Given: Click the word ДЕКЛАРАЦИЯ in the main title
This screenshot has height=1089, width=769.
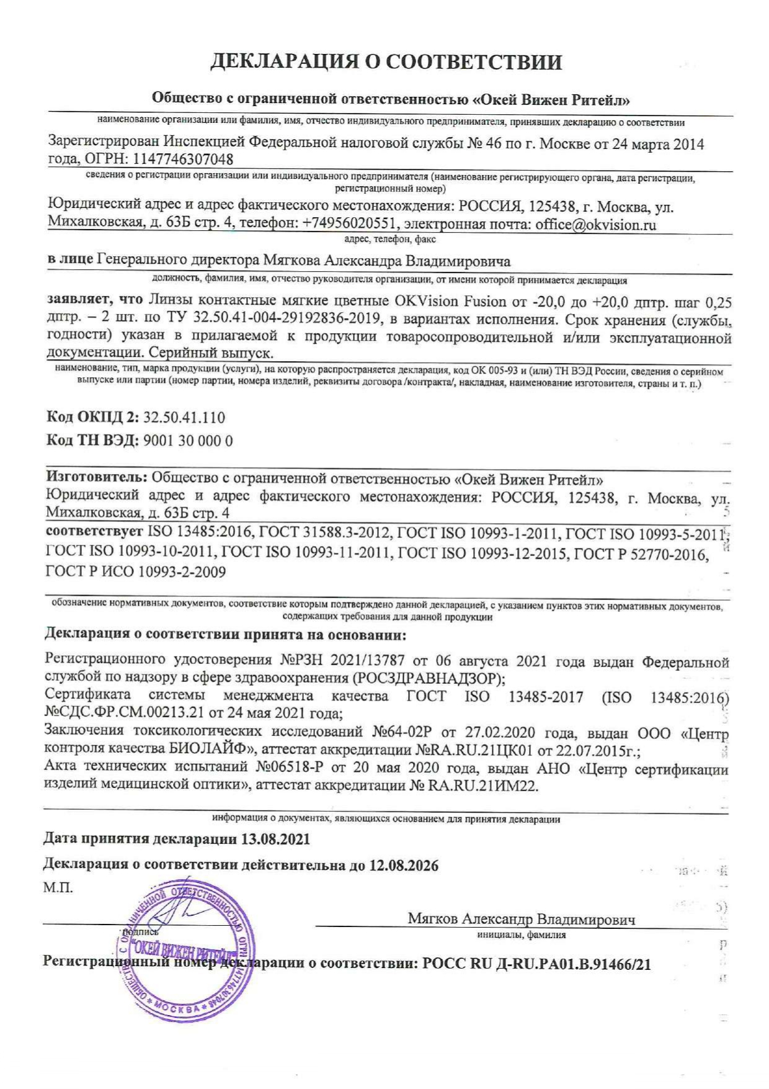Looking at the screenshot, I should tap(290, 62).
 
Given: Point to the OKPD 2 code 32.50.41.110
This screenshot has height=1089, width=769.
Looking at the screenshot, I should tap(184, 417).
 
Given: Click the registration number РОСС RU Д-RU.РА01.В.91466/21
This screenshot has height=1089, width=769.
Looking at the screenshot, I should tap(536, 964).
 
